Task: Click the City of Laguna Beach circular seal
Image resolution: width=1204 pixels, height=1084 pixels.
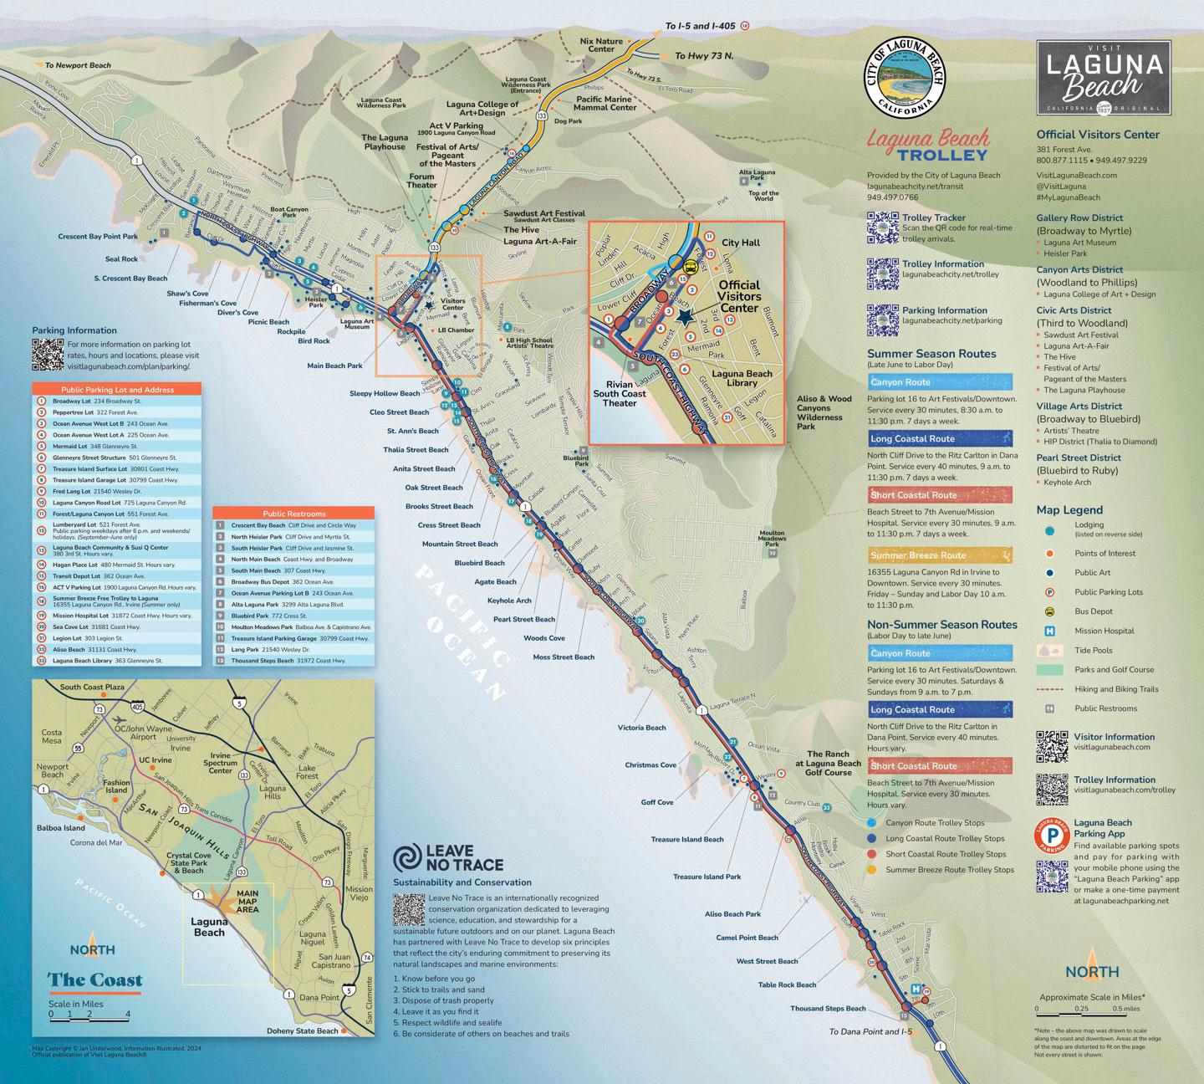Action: [906, 77]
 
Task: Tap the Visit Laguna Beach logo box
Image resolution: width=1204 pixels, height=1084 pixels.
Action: [1104, 78]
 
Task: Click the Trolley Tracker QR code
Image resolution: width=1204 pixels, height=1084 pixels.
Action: [882, 228]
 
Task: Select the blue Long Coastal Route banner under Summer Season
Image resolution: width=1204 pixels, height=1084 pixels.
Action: [940, 438]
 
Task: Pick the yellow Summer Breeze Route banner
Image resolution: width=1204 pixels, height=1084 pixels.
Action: [940, 555]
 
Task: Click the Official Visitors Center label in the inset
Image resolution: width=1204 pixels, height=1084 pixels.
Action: [739, 296]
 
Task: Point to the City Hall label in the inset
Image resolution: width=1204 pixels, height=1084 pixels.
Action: [741, 243]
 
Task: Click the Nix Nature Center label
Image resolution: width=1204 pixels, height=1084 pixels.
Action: [601, 45]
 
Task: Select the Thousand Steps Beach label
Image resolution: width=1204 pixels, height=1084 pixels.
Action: [828, 1009]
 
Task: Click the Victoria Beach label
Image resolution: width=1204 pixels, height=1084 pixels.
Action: [641, 728]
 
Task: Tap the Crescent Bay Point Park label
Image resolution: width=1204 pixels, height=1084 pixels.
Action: [98, 237]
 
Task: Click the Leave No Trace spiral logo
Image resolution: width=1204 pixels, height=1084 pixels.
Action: [408, 858]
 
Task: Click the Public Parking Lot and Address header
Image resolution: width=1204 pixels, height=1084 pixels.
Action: [117, 389]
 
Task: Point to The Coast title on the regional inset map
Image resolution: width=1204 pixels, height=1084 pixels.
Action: [94, 979]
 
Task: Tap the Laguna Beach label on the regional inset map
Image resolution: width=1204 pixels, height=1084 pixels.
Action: [209, 927]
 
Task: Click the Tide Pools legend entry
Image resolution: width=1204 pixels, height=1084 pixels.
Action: [1095, 650]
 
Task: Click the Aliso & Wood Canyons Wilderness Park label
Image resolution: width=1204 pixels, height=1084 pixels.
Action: [824, 412]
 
